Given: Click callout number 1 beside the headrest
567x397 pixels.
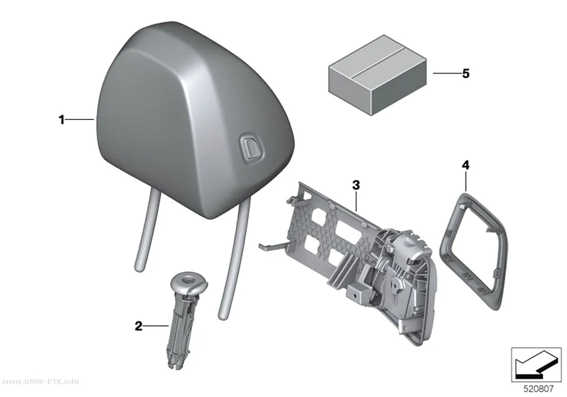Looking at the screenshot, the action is (62, 119).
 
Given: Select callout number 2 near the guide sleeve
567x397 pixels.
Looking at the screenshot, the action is (138, 326).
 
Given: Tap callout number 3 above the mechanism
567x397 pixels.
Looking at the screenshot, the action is (356, 185).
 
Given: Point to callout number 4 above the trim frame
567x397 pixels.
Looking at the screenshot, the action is (465, 165).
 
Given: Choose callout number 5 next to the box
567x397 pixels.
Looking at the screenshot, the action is (465, 73).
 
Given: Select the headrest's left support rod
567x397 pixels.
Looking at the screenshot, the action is (146, 231).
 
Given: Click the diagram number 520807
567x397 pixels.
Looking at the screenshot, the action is (538, 389).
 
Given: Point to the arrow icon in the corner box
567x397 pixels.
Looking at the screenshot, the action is (536, 366).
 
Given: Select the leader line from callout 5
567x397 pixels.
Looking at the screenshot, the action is (447, 73).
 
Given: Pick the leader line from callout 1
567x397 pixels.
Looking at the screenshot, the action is (80, 119).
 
